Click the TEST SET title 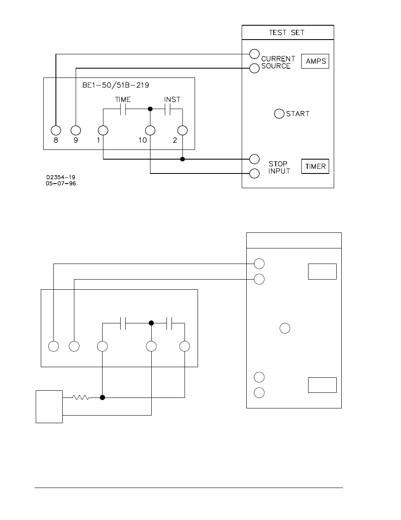[287, 32]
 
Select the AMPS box [315, 61]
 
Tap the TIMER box [315, 166]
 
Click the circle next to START [279, 114]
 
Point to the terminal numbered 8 [56, 131]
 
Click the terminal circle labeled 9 [76, 131]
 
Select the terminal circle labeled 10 [150, 131]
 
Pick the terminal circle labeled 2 [182, 131]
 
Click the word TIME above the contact [123, 100]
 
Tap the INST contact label [172, 100]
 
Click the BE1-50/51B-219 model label [116, 85]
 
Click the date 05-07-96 [61, 184]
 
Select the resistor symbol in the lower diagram [81, 397]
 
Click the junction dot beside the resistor [102, 397]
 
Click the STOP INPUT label [279, 167]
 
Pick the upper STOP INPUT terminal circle [254, 159]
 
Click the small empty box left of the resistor [49, 406]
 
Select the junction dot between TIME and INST [150, 109]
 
